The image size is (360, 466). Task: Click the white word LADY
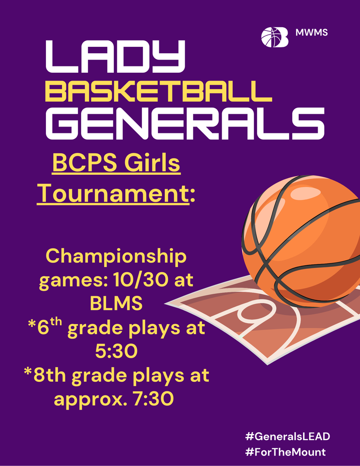tap(116, 57)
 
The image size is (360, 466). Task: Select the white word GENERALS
tap(185, 123)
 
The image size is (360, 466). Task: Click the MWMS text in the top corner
tap(312, 33)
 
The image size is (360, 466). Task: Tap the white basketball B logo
tap(274, 37)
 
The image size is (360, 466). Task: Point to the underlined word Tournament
tap(113, 193)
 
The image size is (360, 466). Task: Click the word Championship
tap(117, 257)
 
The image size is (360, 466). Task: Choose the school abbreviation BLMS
tap(117, 304)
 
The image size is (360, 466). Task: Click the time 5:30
tap(117, 351)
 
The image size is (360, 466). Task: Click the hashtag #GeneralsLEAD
tap(287, 436)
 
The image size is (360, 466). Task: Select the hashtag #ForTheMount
tap(285, 452)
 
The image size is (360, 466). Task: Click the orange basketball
tap(300, 241)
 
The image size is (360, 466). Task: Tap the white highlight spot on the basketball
tap(305, 193)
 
